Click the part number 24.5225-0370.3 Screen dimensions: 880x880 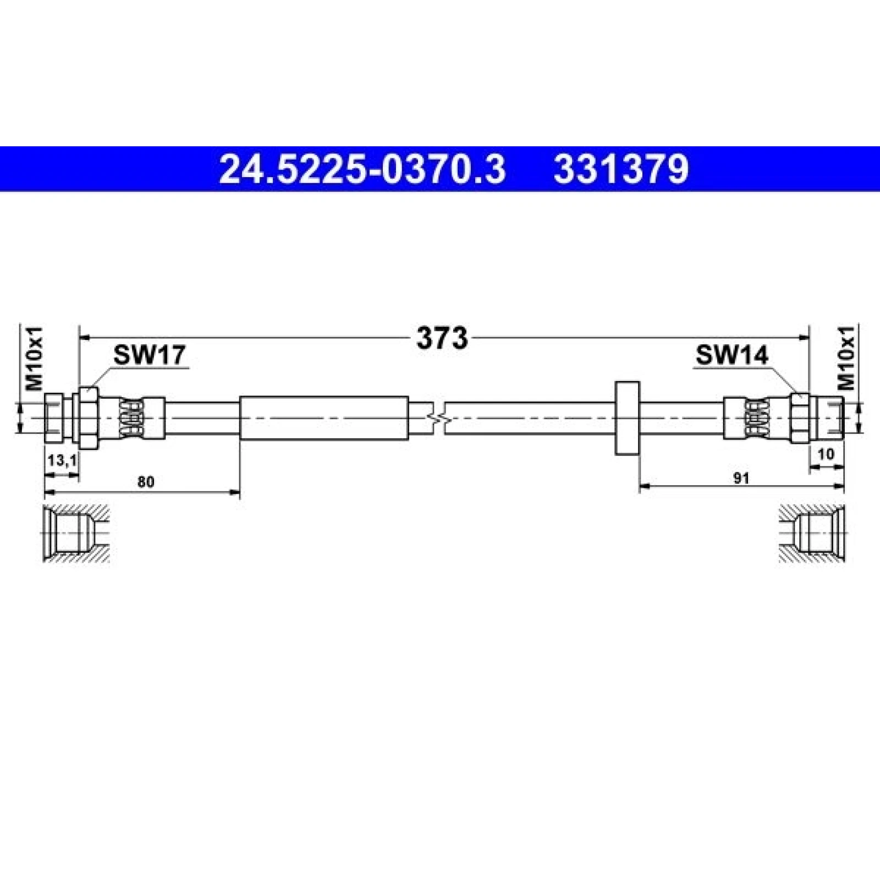(362, 169)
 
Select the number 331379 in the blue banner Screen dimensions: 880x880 (621, 169)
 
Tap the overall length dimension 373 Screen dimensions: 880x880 (442, 338)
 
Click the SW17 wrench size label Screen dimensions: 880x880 (150, 355)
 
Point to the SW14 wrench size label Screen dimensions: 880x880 (732, 355)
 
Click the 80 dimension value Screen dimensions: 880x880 (146, 482)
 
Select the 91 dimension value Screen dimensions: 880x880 (742, 478)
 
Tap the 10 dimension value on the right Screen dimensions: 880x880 (827, 454)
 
